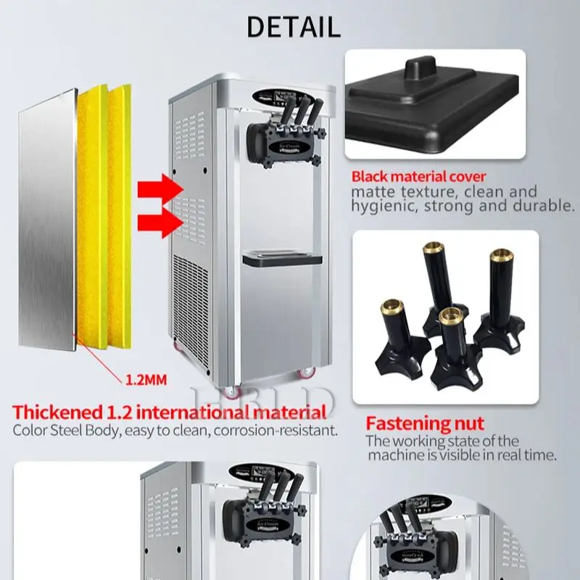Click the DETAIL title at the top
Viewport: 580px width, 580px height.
click(293, 26)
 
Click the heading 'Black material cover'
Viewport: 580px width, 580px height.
click(418, 176)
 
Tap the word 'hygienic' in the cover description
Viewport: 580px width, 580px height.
click(383, 206)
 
